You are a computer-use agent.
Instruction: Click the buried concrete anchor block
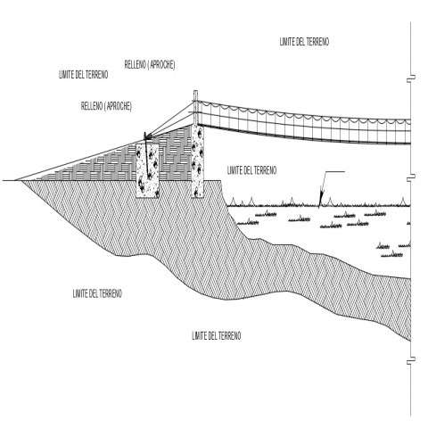click(x=147, y=170)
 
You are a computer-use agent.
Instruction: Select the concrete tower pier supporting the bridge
click(x=198, y=160)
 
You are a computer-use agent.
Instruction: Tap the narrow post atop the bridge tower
click(x=195, y=107)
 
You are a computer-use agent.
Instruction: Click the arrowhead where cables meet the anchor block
click(x=146, y=136)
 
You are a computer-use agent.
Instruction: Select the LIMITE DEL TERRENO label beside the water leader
click(x=251, y=170)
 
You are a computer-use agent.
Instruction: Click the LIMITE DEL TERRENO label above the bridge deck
click(x=304, y=42)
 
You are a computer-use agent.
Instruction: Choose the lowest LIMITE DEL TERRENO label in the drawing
click(x=217, y=336)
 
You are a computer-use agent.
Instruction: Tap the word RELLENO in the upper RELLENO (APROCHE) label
click(x=136, y=64)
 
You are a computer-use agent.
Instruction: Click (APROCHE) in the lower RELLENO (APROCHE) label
click(x=119, y=106)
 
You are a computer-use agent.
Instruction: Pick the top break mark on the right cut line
click(x=411, y=78)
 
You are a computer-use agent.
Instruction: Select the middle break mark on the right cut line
click(x=411, y=177)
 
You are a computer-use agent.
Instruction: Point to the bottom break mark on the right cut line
click(x=411, y=360)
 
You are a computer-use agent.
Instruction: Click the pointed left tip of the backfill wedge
click(x=15, y=180)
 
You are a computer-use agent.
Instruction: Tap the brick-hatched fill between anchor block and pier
click(x=176, y=154)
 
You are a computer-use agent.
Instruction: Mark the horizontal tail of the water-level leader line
click(x=335, y=171)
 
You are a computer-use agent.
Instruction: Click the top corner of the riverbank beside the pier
click(x=221, y=180)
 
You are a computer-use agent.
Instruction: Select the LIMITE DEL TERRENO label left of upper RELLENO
click(x=84, y=74)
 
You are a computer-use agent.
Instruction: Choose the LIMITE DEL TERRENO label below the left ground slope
click(x=97, y=293)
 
